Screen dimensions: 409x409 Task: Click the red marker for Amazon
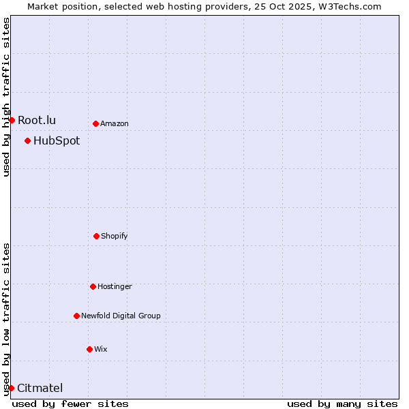[x=95, y=123]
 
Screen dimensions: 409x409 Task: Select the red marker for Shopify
[x=96, y=236]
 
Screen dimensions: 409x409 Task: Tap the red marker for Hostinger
[x=93, y=286]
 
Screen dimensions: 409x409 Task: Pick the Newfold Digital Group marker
[x=76, y=316]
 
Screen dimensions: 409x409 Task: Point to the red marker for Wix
[x=89, y=349]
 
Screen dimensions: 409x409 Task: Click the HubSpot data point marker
[x=27, y=140]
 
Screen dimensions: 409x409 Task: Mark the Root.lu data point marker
[x=12, y=120]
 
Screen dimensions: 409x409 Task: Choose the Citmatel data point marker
[x=11, y=388]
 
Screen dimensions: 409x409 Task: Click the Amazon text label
[x=115, y=123]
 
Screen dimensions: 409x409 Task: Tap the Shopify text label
[x=115, y=236]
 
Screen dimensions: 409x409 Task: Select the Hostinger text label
[x=115, y=286]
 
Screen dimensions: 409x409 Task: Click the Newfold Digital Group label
[x=121, y=316]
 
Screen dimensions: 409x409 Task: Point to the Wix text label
[x=101, y=349]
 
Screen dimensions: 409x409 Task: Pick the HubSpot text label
[x=57, y=140]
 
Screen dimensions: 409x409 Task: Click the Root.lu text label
[x=37, y=120]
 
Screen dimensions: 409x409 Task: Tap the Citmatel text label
[x=40, y=388]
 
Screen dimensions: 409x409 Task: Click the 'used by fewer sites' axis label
[x=70, y=404]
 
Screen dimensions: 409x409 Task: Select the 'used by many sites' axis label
[x=342, y=404]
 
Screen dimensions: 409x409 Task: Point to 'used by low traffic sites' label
[x=6, y=319]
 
